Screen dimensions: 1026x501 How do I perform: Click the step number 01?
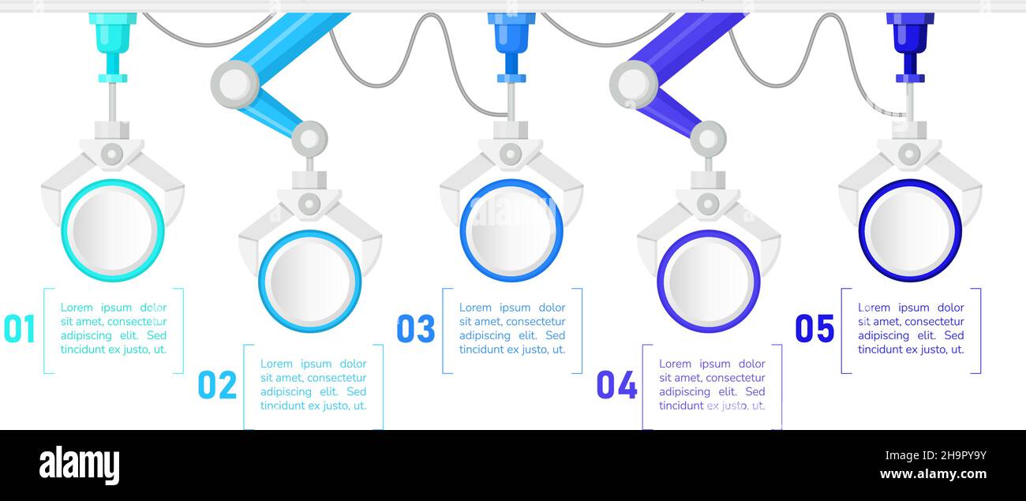coord(19,328)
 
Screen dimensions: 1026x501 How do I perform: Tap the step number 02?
coord(217,385)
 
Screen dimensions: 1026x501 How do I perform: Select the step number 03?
coord(416,328)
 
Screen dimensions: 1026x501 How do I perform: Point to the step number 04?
coord(616,385)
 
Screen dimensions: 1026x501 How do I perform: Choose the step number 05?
coord(814,328)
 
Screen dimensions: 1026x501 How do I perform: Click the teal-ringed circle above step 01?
coord(113,230)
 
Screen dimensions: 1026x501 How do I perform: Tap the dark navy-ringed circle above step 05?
coord(910,230)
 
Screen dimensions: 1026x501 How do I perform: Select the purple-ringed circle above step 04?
coord(709,281)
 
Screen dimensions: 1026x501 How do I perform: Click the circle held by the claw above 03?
coord(511,230)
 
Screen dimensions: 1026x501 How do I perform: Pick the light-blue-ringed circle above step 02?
coord(310,281)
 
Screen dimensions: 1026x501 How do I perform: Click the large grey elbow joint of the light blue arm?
coord(235,84)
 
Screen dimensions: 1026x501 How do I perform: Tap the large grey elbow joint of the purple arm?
coord(634,84)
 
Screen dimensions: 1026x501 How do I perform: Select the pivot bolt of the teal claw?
coord(112,154)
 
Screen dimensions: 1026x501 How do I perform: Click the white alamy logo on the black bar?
coord(79,465)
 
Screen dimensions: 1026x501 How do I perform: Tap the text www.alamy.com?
coord(933,473)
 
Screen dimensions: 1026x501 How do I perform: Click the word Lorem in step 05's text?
coord(874,307)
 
